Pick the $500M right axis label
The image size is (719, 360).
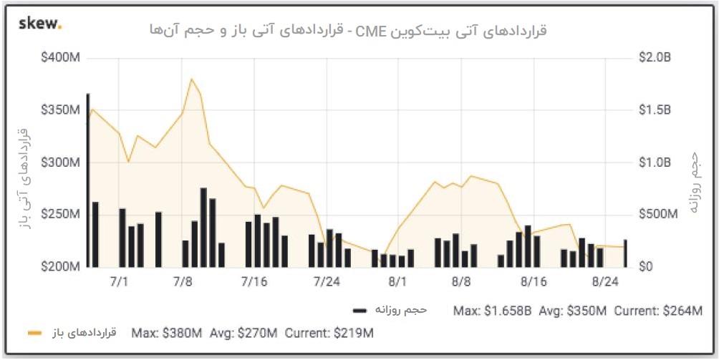657,214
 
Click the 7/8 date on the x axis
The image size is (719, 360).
183,281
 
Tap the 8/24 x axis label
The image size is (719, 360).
606,281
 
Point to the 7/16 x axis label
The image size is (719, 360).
254,281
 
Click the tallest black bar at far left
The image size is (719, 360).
88,179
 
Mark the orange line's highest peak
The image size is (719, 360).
191,79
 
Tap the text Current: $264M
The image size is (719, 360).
657,311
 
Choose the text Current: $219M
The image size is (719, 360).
329,333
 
